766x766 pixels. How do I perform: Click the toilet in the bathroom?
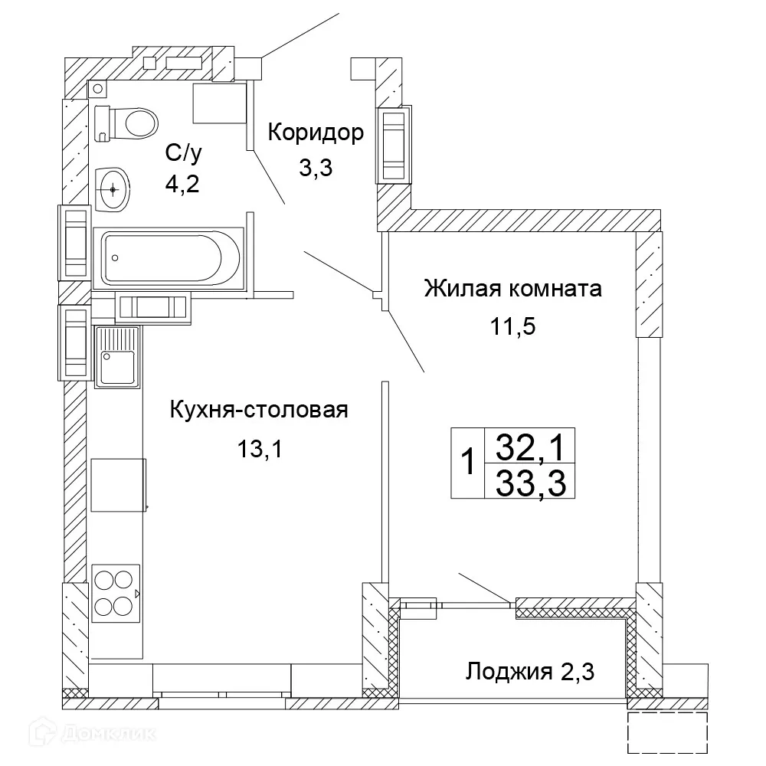tap(127, 122)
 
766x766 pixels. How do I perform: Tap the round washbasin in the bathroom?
tap(114, 187)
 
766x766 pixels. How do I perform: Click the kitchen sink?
tap(117, 355)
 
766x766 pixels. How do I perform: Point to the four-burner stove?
tap(116, 593)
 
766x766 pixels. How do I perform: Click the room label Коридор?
tap(315, 133)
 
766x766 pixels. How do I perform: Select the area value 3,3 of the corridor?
tap(314, 169)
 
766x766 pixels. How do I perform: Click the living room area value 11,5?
tap(512, 327)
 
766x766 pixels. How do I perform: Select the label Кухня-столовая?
tap(259, 410)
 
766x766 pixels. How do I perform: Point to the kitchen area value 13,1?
tap(260, 449)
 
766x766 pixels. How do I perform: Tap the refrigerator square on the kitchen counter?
tap(118, 485)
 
